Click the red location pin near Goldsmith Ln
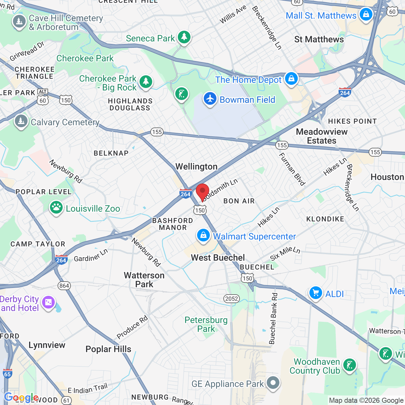(202, 191)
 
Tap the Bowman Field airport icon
(210, 98)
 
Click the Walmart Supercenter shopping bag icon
(203, 235)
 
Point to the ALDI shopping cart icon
(315, 293)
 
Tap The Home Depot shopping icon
(291, 78)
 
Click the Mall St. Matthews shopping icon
(366, 15)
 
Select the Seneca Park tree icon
(184, 37)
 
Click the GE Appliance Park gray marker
(273, 383)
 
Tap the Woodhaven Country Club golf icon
(350, 365)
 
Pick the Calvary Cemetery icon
(21, 121)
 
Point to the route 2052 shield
(232, 299)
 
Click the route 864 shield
(64, 286)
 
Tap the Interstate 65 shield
(7, 373)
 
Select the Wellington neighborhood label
(196, 167)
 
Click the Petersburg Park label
(206, 324)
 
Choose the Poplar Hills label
(108, 349)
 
